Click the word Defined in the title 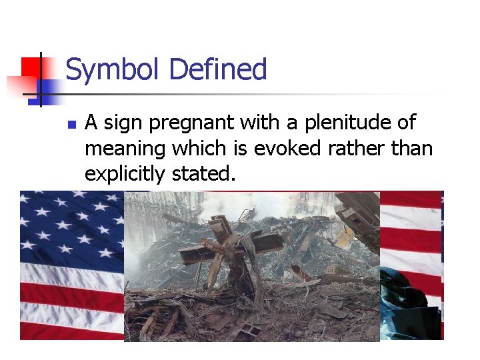tap(218, 69)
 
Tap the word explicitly tap(125, 173)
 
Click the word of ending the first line tap(406, 123)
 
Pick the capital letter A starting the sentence tap(92, 123)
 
